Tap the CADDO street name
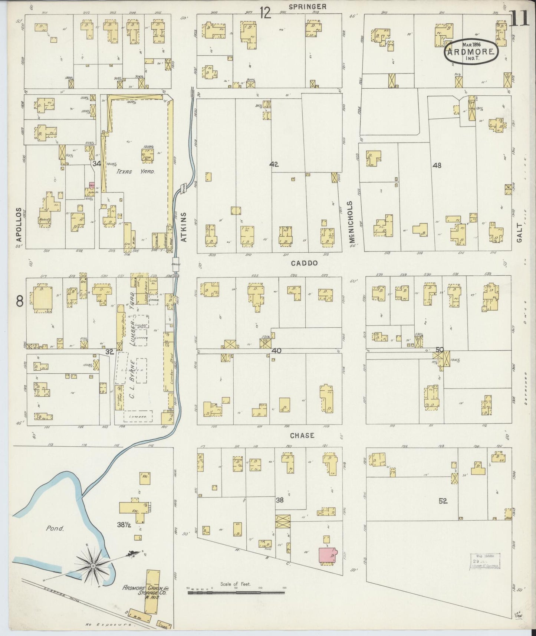(304, 263)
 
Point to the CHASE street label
(302, 435)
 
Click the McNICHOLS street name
(350, 222)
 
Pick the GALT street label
(519, 233)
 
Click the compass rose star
(93, 565)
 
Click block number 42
(274, 164)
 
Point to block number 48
(437, 165)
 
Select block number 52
(443, 501)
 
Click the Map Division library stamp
(485, 561)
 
